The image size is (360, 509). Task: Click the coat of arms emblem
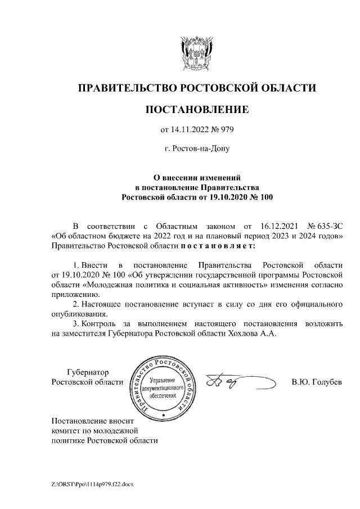coord(196,53)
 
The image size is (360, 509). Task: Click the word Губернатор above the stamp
coord(87,372)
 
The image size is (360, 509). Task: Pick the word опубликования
coord(79,314)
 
